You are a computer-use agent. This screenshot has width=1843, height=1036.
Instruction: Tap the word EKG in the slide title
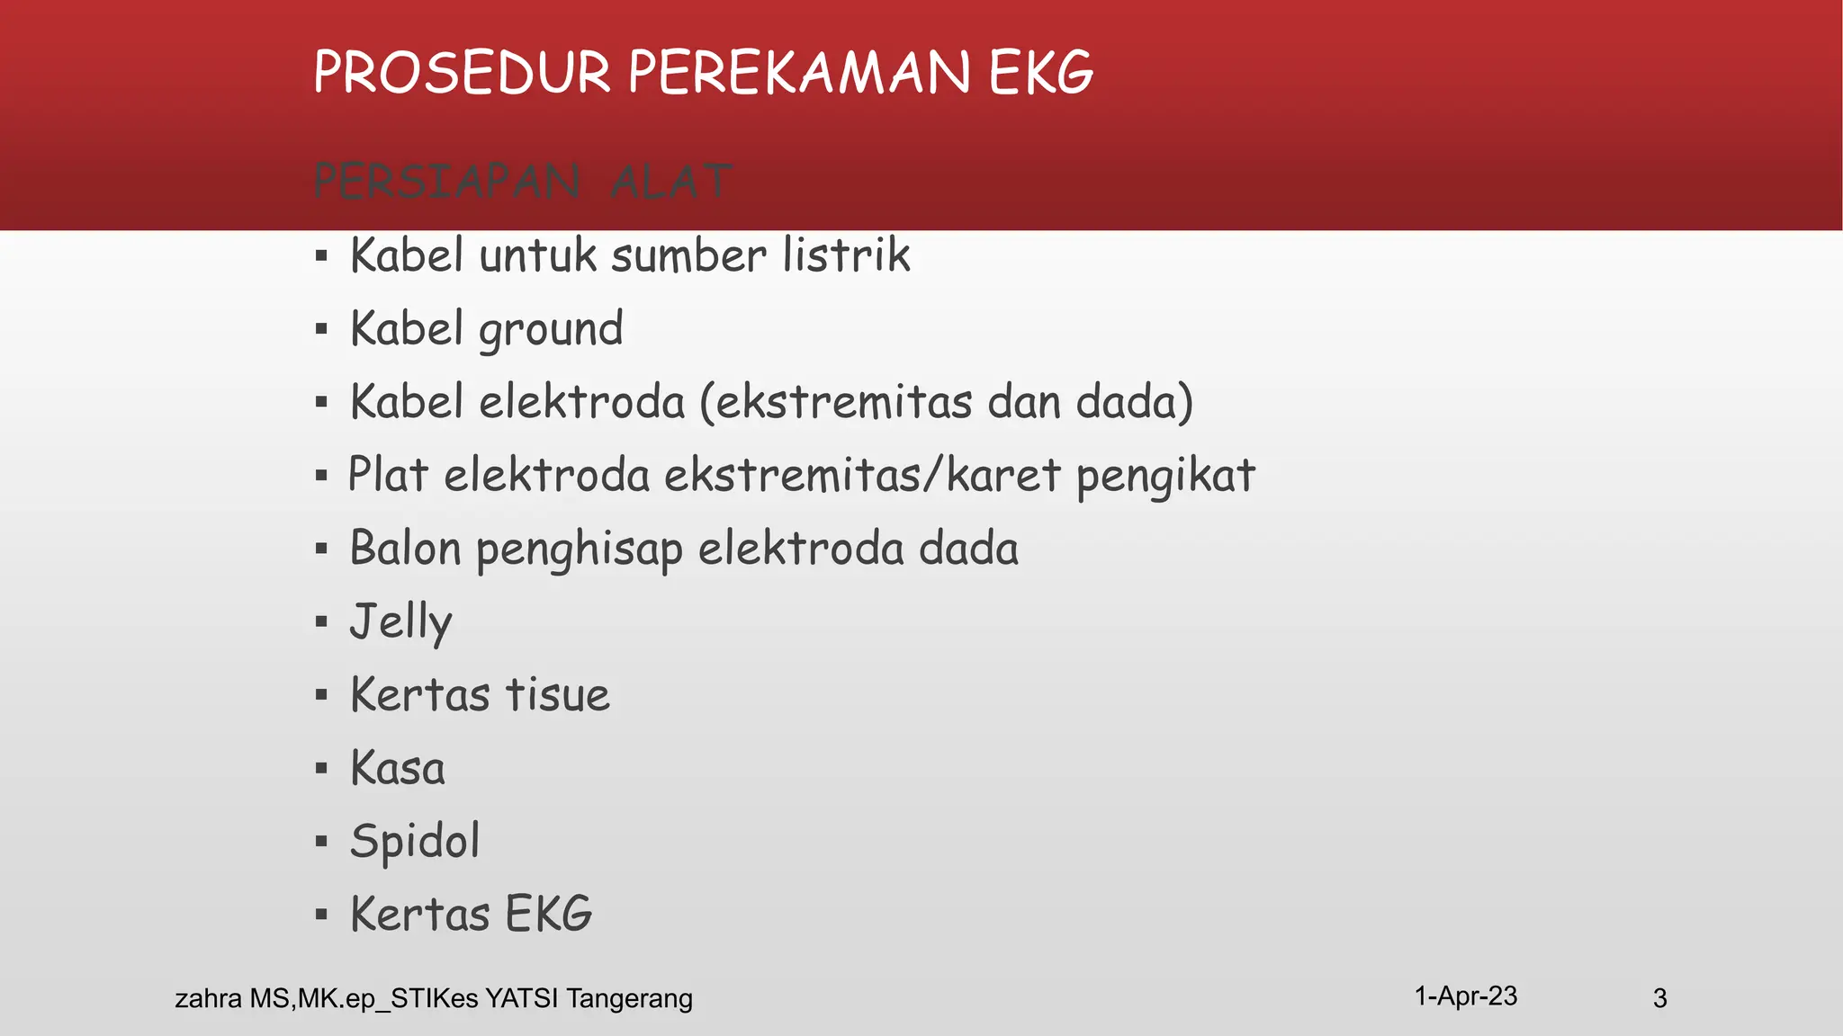1041,73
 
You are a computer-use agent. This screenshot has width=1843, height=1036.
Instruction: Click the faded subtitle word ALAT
671,183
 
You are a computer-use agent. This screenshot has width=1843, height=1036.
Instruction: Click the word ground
551,330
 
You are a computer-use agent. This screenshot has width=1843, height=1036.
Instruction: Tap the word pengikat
1165,477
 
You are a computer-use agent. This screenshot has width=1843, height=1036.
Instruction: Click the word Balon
405,549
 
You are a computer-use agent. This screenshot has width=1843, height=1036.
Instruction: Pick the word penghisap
579,550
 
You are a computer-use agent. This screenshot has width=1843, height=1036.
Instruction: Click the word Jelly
401,622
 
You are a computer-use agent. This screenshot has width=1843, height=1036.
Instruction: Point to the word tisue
558,695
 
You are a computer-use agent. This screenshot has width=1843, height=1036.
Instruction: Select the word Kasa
398,769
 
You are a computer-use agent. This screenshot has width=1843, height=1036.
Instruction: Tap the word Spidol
415,843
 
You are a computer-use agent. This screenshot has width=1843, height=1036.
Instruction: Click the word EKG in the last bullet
548,915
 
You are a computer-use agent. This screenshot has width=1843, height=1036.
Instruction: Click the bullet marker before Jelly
321,621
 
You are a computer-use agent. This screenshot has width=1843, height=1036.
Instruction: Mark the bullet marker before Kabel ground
321,329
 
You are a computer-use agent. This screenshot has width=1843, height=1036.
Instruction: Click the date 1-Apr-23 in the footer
1465,996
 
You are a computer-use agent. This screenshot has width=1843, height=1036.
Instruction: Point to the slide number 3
1659,998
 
